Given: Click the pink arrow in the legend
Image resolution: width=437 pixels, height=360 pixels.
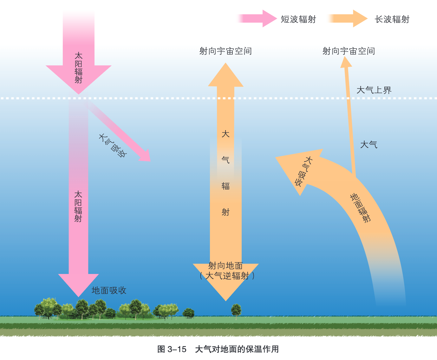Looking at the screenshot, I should [257, 19].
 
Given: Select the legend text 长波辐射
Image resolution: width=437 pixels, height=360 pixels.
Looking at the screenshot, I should [392, 19].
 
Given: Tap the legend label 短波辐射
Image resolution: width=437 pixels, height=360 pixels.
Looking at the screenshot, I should [298, 19].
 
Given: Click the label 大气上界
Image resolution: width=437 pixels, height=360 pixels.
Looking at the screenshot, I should [374, 90].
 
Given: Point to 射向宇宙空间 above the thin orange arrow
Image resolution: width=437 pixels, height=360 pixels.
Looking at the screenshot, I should [349, 51].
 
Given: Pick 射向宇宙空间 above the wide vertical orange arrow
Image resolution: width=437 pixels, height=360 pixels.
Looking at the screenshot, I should [225, 51].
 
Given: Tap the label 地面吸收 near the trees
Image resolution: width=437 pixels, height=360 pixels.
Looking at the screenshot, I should [109, 290].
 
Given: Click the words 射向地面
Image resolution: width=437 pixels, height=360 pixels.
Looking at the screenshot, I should [225, 266].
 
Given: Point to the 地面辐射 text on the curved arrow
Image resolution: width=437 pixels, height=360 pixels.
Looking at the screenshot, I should [360, 208].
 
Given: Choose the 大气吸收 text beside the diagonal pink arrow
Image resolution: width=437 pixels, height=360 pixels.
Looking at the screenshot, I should [113, 146].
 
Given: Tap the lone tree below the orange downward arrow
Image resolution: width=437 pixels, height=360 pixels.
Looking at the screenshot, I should [236, 310].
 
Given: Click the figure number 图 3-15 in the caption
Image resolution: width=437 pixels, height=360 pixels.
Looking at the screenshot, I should [172, 349].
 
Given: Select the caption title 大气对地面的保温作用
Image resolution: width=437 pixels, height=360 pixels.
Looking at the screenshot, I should [237, 349].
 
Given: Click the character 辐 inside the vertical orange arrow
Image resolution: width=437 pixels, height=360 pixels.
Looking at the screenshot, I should [225, 186].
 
